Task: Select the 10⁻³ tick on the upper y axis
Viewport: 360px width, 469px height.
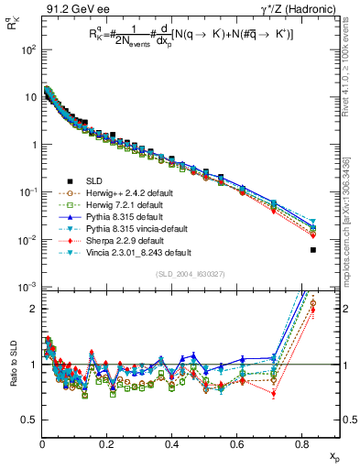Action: point(27,288)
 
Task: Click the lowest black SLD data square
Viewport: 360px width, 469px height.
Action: point(313,250)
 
